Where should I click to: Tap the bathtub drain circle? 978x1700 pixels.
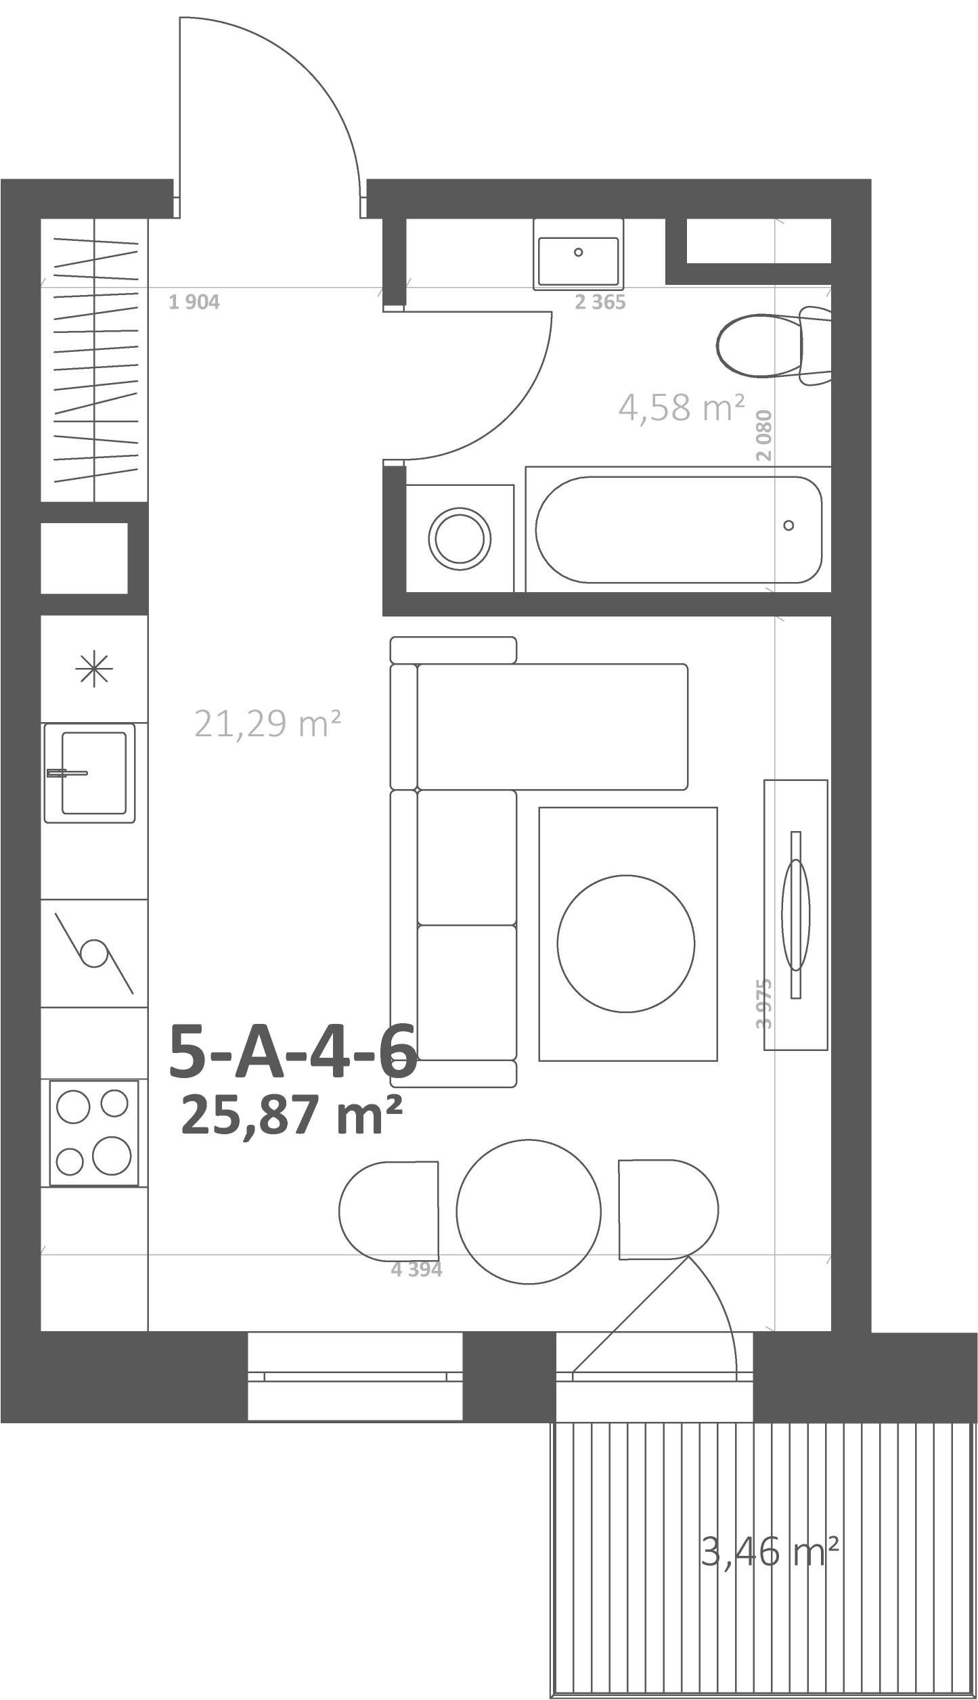pyautogui.click(x=788, y=525)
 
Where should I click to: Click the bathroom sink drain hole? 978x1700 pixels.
pyautogui.click(x=578, y=252)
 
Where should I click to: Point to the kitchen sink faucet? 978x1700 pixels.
pyautogui.click(x=67, y=773)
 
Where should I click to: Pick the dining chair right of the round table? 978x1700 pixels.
pyautogui.click(x=669, y=1209)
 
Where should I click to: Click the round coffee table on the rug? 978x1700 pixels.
pyautogui.click(x=626, y=943)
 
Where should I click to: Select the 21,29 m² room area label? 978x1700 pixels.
pyautogui.click(x=267, y=723)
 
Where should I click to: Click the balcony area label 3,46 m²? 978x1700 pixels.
pyautogui.click(x=771, y=1547)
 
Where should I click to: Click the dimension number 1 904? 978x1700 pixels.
pyautogui.click(x=194, y=302)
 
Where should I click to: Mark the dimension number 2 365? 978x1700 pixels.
pyautogui.click(x=600, y=302)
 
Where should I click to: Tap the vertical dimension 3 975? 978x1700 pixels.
pyautogui.click(x=764, y=1004)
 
